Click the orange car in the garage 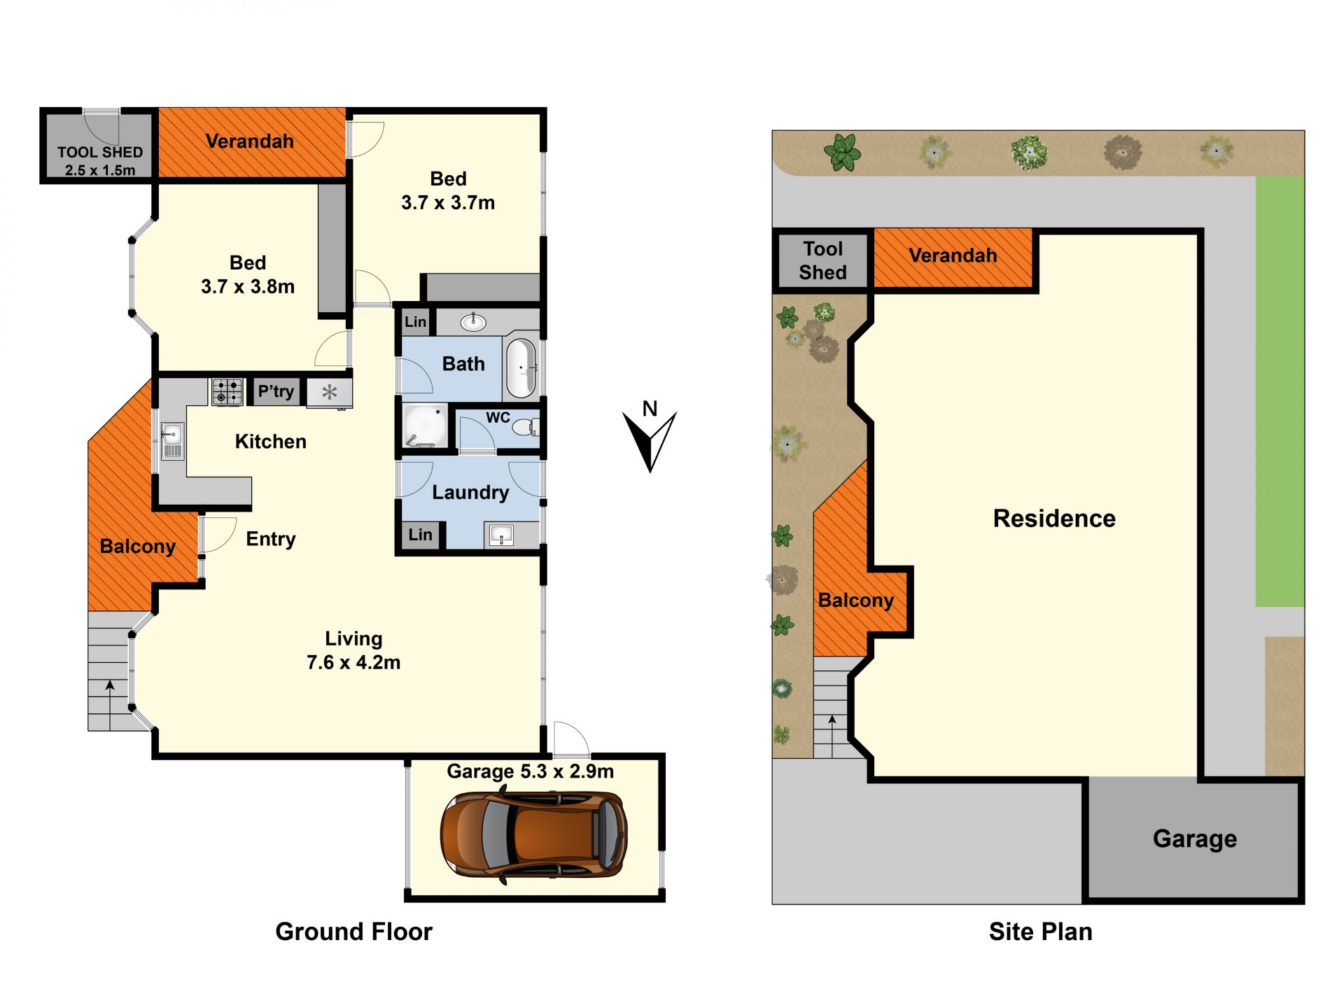[x=533, y=834]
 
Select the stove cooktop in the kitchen [x=227, y=391]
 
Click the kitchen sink [x=172, y=441]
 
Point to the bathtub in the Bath [x=521, y=367]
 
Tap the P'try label [x=276, y=391]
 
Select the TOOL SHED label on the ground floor [x=100, y=152]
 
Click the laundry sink [x=502, y=536]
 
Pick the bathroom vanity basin [x=475, y=322]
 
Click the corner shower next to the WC [x=426, y=425]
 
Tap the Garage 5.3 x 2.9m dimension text [x=531, y=771]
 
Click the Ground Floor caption [x=353, y=932]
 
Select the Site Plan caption [x=1040, y=932]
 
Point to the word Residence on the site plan [x=1054, y=519]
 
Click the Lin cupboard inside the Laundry [x=420, y=535]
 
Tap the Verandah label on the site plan [x=953, y=255]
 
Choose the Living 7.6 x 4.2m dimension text [x=353, y=650]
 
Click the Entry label [x=271, y=539]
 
